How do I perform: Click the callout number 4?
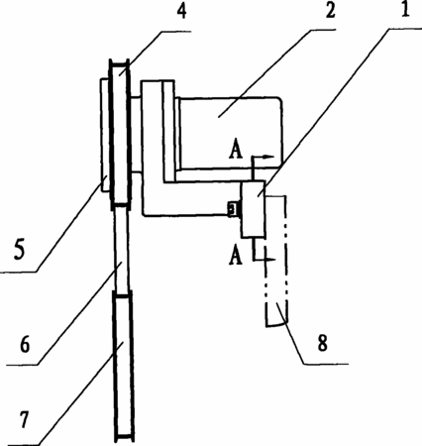pyautogui.click(x=181, y=12)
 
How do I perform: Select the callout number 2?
pyautogui.click(x=330, y=10)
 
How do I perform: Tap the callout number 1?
pyautogui.click(x=405, y=10)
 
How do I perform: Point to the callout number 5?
pyautogui.click(x=19, y=250)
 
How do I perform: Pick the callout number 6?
pyautogui.click(x=25, y=344)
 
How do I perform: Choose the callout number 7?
pyautogui.click(x=24, y=420)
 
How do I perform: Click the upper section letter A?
pyautogui.click(x=236, y=151)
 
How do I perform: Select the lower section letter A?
pyautogui.click(x=235, y=257)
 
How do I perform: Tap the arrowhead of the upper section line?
pyautogui.click(x=269, y=157)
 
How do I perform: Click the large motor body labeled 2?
pyautogui.click(x=230, y=133)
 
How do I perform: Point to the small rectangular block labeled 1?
pyautogui.click(x=254, y=209)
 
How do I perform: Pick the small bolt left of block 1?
pyautogui.click(x=233, y=208)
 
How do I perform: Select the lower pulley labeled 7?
pyautogui.click(x=123, y=367)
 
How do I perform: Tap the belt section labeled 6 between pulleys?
pyautogui.click(x=121, y=250)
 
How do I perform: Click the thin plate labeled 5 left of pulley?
pyautogui.click(x=104, y=135)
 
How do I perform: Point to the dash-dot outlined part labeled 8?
pyautogui.click(x=276, y=261)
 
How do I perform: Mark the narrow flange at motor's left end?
pyautogui.click(x=178, y=134)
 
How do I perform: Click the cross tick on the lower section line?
pyautogui.click(x=268, y=260)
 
